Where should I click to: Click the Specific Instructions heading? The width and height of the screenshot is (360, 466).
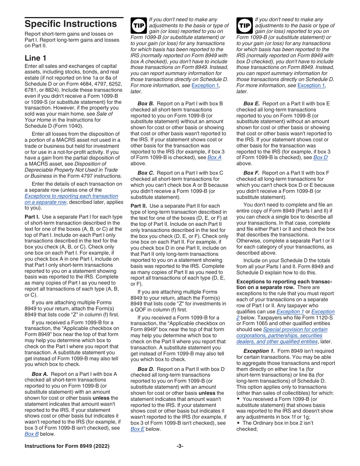(70, 24)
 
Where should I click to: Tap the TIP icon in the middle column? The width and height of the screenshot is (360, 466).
(138, 25)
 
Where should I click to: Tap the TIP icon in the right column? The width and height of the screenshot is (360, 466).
(244, 25)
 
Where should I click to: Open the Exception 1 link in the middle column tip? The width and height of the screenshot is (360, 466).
(205, 86)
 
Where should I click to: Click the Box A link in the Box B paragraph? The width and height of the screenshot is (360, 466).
(214, 158)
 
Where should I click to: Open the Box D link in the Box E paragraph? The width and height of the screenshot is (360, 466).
(320, 158)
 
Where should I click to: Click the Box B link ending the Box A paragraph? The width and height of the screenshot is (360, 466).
(32, 434)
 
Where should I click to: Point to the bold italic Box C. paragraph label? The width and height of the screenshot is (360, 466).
(146, 173)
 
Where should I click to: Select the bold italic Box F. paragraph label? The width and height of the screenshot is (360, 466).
(251, 173)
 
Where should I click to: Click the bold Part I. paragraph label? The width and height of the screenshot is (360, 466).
(32, 217)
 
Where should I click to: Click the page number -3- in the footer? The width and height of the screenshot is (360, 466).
(180, 446)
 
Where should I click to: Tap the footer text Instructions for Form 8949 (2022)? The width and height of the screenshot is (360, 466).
(67, 446)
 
